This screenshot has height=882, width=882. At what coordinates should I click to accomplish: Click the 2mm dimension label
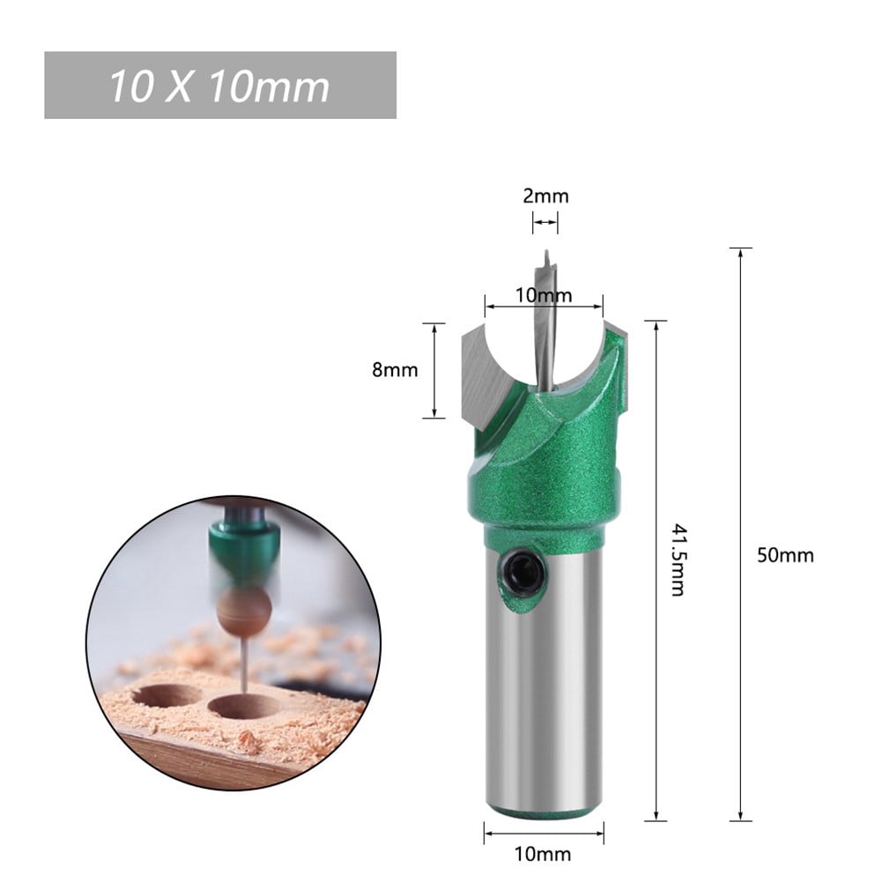coord(545,196)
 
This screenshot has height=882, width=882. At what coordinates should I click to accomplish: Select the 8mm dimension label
coord(395,370)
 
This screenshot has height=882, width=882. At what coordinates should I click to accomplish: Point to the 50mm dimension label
coord(786,555)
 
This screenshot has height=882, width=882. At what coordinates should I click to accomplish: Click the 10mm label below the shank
coord(543,854)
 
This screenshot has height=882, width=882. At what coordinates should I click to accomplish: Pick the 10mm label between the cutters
coord(544,295)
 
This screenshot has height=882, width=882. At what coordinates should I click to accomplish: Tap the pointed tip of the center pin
coord(546,253)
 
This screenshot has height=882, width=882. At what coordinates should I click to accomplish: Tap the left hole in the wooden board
coord(165,694)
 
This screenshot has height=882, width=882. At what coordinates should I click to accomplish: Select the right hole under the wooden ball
coord(244,705)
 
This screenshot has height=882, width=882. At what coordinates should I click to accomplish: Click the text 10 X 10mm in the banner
coord(219,86)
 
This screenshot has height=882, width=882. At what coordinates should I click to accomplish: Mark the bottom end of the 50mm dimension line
coord(740,819)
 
